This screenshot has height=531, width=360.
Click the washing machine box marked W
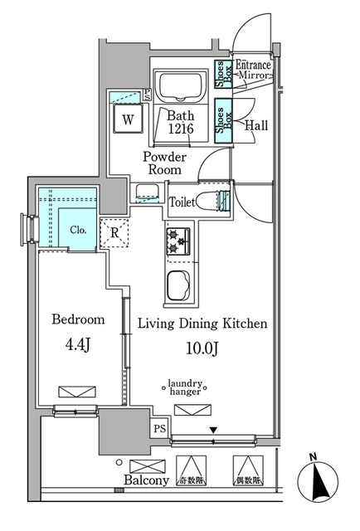point(128,119)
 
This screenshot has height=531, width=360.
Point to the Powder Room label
point(164,163)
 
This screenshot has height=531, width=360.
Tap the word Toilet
point(182,202)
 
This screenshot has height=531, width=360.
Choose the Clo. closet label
point(78,230)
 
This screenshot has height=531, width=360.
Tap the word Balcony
point(147,480)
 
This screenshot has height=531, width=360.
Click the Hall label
point(256,125)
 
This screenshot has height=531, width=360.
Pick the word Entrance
point(254,65)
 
